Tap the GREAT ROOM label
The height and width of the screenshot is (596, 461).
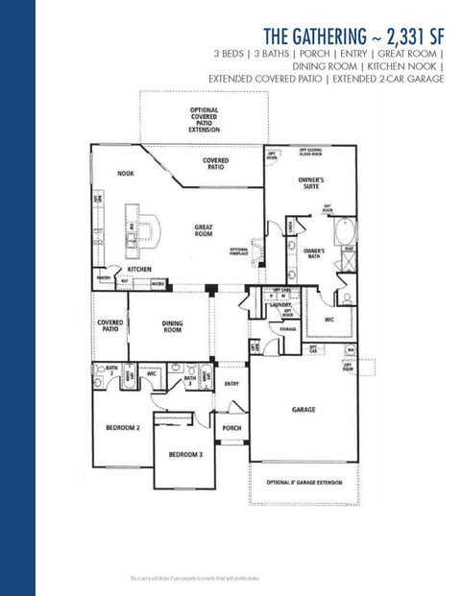[204, 231]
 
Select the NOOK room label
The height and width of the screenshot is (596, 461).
[125, 174]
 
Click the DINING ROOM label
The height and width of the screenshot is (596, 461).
[173, 327]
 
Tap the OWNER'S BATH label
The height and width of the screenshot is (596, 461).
[314, 254]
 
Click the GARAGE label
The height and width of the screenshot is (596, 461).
[304, 409]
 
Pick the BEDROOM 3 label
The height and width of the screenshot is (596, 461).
[185, 454]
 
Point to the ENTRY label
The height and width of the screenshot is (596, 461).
[231, 384]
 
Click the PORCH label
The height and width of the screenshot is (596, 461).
[231, 428]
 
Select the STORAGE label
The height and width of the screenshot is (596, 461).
[288, 328]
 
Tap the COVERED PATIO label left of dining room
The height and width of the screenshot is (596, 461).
[109, 326]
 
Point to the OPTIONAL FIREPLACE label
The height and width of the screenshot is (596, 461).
[239, 252]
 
